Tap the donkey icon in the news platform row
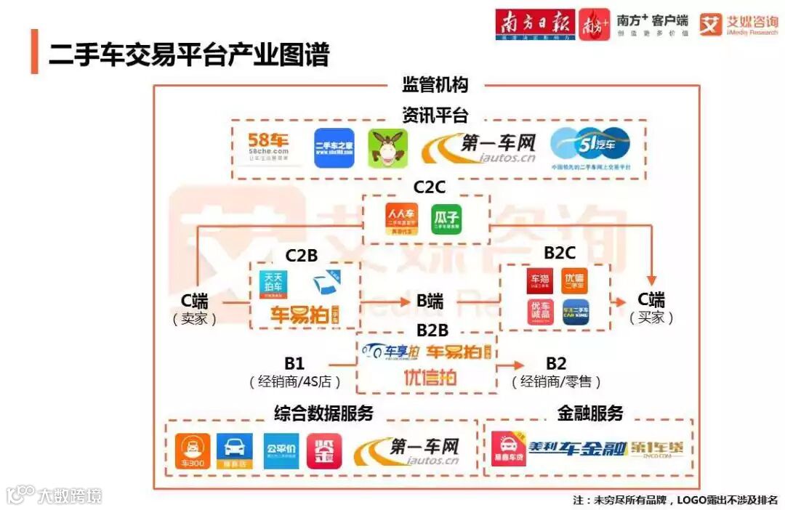387,149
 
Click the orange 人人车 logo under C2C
401,219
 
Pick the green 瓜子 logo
447,219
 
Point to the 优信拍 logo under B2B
430,377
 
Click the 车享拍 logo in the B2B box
392,352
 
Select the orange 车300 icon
193,451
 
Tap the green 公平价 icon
281,451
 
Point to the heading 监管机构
435,85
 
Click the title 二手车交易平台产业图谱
189,54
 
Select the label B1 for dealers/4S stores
294,363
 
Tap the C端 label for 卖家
195,301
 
